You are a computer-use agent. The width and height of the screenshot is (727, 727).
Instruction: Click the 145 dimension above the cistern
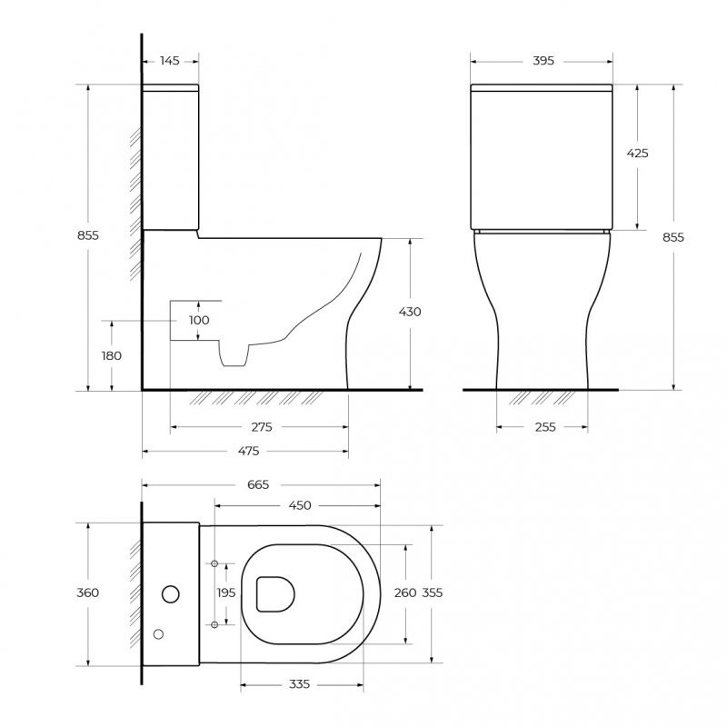pyautogui.click(x=170, y=61)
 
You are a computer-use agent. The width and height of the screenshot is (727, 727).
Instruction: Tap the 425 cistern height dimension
pyautogui.click(x=638, y=154)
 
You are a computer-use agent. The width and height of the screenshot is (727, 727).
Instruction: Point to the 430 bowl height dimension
pyautogui.click(x=411, y=312)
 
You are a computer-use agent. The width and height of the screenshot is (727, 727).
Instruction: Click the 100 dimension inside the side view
pyautogui.click(x=199, y=320)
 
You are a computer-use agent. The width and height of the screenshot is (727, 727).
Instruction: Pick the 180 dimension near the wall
pyautogui.click(x=111, y=355)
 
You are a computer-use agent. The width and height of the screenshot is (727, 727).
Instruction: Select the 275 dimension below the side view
pyautogui.click(x=262, y=426)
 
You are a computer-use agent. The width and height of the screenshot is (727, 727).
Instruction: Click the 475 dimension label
pyautogui.click(x=248, y=451)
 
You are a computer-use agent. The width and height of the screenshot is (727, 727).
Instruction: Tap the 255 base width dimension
pyautogui.click(x=545, y=426)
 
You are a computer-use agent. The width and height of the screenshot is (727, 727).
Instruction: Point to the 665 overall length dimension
pyautogui.click(x=258, y=484)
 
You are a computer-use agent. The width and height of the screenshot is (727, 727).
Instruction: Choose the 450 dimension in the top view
pyautogui.click(x=300, y=505)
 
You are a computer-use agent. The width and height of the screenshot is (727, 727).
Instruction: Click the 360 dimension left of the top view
pyautogui.click(x=88, y=593)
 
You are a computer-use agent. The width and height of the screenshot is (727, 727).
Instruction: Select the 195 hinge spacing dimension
pyautogui.click(x=227, y=593)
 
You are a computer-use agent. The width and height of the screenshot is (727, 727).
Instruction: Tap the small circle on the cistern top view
pyautogui.click(x=159, y=632)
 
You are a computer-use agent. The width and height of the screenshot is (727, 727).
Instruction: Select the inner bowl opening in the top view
pyautogui.click(x=276, y=593)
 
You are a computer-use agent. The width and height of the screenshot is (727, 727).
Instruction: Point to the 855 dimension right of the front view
pyautogui.click(x=672, y=236)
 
